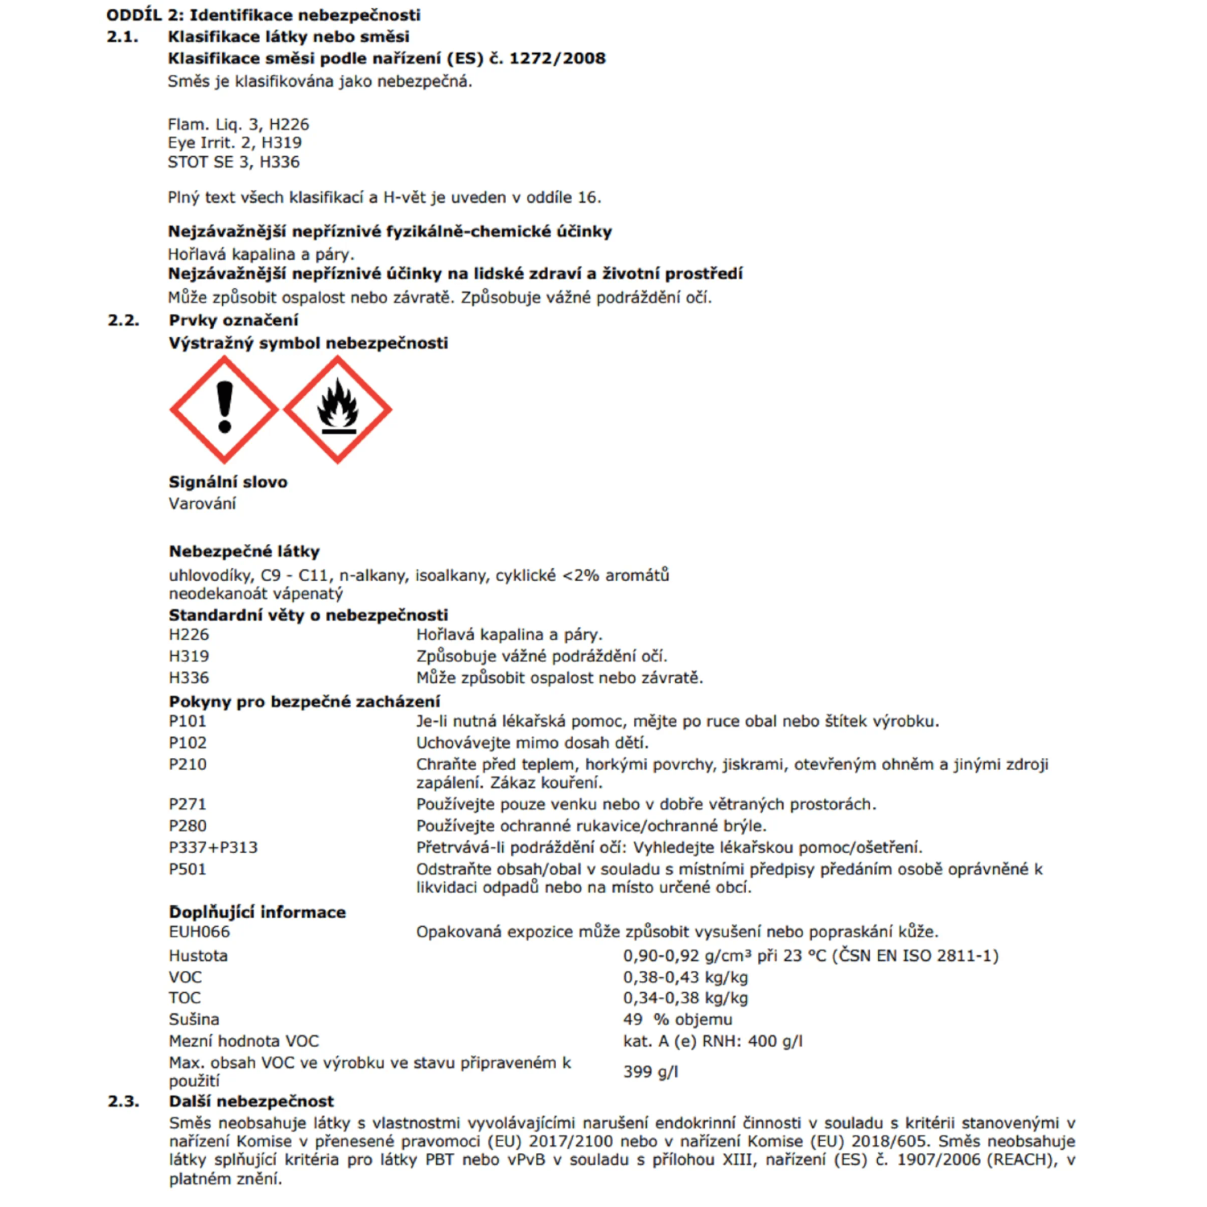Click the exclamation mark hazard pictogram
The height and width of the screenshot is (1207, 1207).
coord(225,410)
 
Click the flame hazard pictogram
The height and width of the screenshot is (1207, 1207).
coord(338,410)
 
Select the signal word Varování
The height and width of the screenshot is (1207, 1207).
coord(202,504)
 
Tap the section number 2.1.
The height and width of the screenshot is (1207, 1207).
coord(122,37)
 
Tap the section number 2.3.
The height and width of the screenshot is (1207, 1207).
coord(123,1101)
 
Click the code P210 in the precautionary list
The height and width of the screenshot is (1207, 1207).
coord(187,764)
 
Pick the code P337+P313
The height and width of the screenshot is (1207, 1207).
coord(213,847)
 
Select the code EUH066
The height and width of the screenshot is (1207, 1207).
coord(200,932)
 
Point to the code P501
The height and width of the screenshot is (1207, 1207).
coord(187,869)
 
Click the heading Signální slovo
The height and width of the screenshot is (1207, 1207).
coord(228,482)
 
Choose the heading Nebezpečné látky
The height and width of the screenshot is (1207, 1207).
coord(244,551)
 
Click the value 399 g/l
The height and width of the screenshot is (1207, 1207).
coord(650,1072)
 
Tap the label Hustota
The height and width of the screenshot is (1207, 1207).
coord(198,956)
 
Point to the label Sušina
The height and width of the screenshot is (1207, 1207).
coord(194,1020)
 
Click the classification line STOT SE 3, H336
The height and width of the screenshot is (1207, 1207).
coord(233,163)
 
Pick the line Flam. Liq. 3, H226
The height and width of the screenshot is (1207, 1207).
coord(238,125)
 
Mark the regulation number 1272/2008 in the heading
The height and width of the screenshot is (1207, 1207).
coord(557,59)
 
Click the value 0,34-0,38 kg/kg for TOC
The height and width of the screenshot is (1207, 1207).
coord(686,999)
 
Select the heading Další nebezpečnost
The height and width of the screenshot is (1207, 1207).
coord(251,1101)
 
